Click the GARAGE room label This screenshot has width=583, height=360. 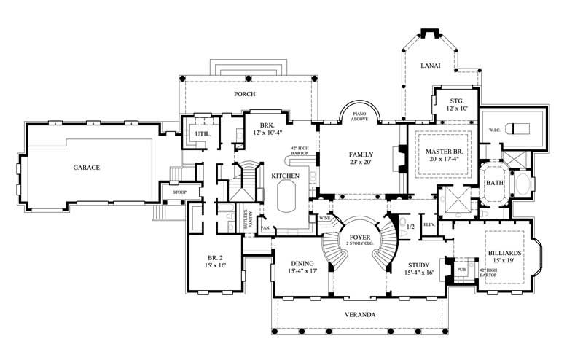pyautogui.click(x=86, y=168)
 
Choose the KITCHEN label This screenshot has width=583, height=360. pyautogui.click(x=286, y=176)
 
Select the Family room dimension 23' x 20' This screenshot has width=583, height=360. pyautogui.click(x=360, y=164)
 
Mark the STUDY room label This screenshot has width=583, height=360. pyautogui.click(x=418, y=265)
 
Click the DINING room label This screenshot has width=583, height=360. pyautogui.click(x=301, y=265)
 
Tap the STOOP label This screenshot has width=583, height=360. pyautogui.click(x=179, y=192)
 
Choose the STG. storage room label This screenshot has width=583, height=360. pyautogui.click(x=455, y=99)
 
